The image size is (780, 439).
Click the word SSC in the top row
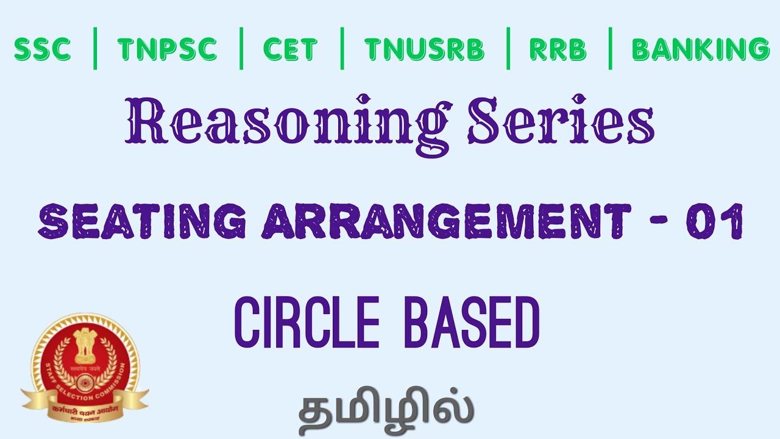tap(42, 49)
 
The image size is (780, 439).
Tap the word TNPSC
tap(168, 49)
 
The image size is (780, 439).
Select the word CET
tap(290, 49)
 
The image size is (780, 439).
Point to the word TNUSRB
tap(424, 49)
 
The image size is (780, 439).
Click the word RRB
tap(558, 49)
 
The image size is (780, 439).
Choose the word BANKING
tap(701, 49)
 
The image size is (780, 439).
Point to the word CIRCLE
tap(307, 323)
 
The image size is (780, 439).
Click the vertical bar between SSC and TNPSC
tap(95, 48)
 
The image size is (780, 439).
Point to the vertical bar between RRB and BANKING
tap(610, 48)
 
